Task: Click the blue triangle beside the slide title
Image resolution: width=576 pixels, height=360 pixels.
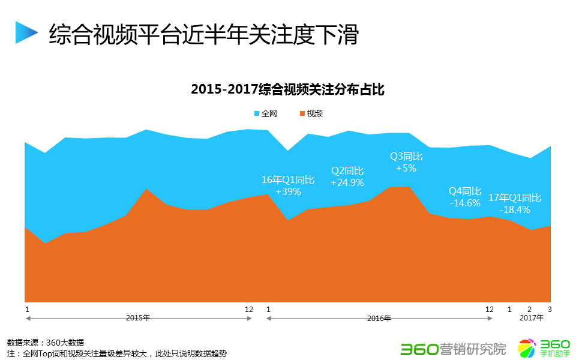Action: click(x=26, y=32)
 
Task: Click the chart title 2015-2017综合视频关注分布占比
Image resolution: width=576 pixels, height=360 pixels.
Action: click(x=287, y=90)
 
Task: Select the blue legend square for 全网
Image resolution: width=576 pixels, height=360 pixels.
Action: click(x=256, y=113)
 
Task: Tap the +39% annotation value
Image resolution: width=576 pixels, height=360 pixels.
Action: click(x=288, y=191)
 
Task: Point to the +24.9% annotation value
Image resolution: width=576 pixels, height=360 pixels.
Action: click(x=347, y=182)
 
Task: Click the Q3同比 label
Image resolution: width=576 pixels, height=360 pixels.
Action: click(x=406, y=156)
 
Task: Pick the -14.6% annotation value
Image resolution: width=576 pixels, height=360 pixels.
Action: click(x=464, y=203)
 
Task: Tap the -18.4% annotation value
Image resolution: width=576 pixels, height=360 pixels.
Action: click(x=514, y=209)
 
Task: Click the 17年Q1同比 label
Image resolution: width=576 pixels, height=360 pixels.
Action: click(x=514, y=197)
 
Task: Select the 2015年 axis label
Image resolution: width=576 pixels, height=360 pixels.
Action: click(x=138, y=318)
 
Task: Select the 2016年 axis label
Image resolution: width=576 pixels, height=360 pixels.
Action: click(x=379, y=318)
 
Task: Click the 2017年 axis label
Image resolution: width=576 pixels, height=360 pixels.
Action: click(x=532, y=318)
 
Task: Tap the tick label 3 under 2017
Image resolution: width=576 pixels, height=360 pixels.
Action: click(x=550, y=310)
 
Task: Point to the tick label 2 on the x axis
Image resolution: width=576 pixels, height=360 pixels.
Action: click(x=529, y=310)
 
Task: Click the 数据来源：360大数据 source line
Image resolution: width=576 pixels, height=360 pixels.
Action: click(x=46, y=342)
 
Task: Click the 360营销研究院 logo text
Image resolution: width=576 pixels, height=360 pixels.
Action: click(x=453, y=348)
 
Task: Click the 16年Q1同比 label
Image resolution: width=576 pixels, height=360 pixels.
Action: click(x=288, y=179)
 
